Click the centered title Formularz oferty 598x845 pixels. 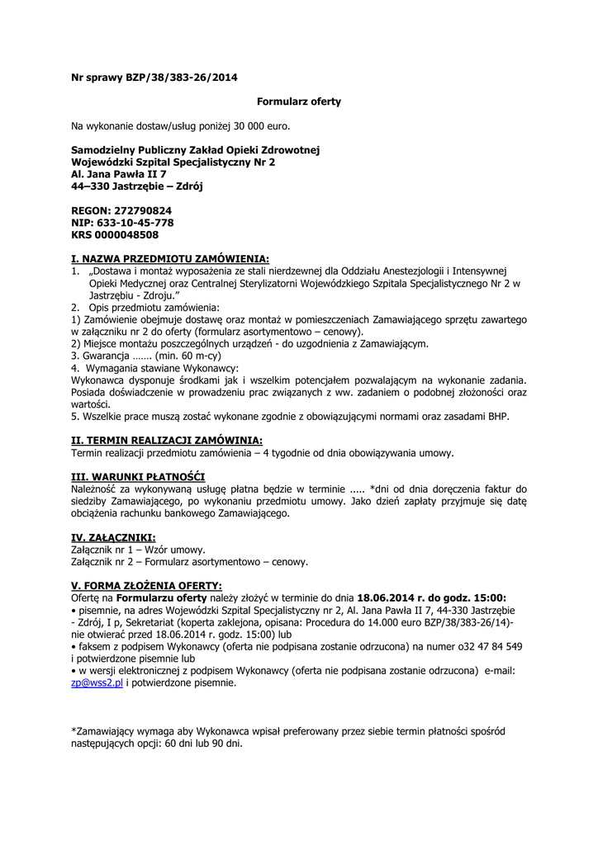299,101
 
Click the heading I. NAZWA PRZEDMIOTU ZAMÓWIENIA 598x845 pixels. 171,259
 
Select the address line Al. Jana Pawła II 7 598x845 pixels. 119,174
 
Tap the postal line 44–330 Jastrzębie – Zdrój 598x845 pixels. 137,186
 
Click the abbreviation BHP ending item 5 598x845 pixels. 499,417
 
